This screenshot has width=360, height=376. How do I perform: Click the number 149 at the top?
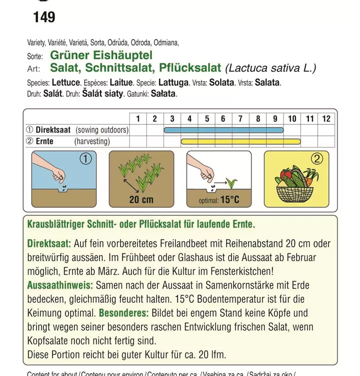coord(44,18)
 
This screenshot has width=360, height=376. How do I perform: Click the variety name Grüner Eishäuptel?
coord(101,56)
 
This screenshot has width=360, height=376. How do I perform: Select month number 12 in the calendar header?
coord(326,119)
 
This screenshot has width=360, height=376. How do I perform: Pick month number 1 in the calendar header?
coord(138,119)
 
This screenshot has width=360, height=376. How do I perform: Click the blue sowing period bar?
coord(224,130)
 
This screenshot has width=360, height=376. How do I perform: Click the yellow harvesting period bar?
coord(241,142)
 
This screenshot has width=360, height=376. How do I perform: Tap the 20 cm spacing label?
coord(141,200)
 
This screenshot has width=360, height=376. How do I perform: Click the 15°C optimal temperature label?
coord(230,200)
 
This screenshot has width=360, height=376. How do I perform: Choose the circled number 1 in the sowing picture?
coord(85,159)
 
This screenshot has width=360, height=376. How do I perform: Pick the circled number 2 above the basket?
coord(317,159)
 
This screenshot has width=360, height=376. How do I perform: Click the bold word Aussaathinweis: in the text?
coord(60,285)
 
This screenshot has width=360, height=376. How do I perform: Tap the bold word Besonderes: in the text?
coord(123,313)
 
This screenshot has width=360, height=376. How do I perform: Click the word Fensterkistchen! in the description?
coord(239,271)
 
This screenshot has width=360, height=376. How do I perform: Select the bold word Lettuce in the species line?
coord(66,83)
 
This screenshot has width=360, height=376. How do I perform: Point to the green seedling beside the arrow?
coord(232,182)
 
